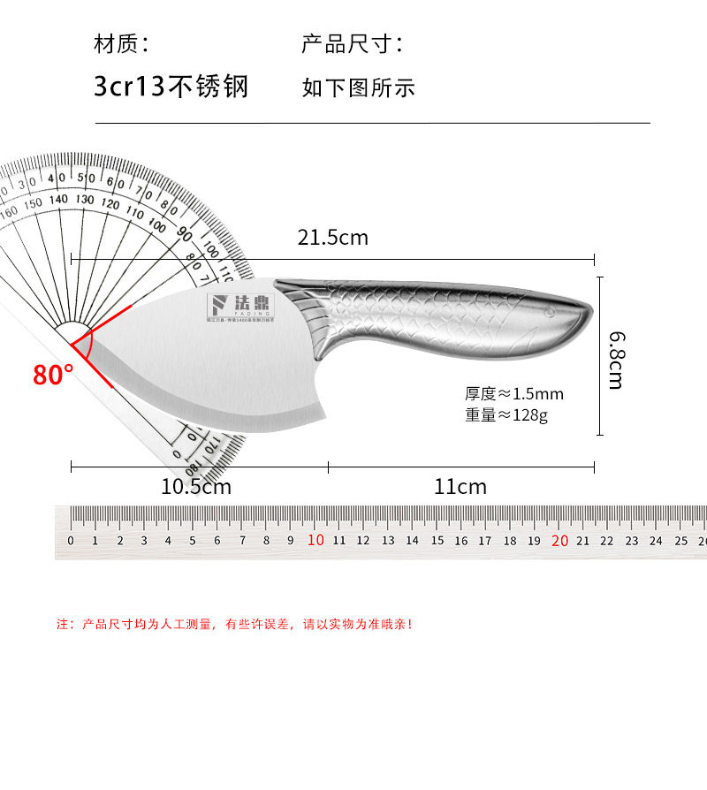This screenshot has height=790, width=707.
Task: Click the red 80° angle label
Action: tap(53, 375)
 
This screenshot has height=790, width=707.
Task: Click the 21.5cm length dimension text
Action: tap(332, 238)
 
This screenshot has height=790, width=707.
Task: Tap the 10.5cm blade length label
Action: tap(195, 486)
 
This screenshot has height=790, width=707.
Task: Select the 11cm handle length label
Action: tap(460, 486)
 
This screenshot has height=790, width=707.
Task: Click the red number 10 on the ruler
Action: tap(315, 541)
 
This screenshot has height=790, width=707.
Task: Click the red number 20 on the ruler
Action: tap(559, 541)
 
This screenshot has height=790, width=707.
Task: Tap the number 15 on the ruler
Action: tap(437, 541)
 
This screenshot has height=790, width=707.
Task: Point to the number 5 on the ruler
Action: tap(193, 541)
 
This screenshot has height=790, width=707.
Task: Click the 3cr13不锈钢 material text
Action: tap(171, 87)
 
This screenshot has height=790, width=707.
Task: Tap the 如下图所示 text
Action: tap(358, 87)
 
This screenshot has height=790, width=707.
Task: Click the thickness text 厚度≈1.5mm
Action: tap(514, 394)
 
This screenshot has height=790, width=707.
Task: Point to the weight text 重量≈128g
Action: tap(506, 414)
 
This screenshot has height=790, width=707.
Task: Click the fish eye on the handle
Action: tap(549, 312)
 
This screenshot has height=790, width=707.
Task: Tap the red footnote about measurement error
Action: tap(235, 624)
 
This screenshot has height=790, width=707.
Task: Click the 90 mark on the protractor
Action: tap(185, 234)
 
